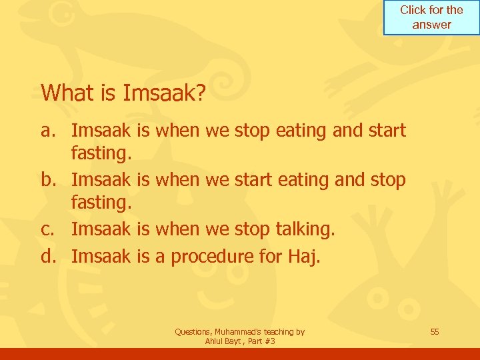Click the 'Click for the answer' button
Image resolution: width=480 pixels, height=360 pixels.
[x=431, y=17]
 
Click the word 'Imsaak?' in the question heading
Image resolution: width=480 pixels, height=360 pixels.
[x=164, y=93]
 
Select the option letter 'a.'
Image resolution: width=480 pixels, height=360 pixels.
[x=49, y=130]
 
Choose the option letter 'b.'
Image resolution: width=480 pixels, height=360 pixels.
[x=49, y=181]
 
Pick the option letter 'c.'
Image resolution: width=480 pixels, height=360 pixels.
[x=49, y=229]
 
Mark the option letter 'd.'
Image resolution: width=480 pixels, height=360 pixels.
[x=49, y=256]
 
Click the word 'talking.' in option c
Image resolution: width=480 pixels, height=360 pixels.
[x=306, y=229]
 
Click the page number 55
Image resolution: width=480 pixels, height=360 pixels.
[x=435, y=331]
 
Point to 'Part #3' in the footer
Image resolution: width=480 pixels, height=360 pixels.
[x=261, y=341]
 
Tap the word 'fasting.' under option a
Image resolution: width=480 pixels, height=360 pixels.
[x=102, y=154]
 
